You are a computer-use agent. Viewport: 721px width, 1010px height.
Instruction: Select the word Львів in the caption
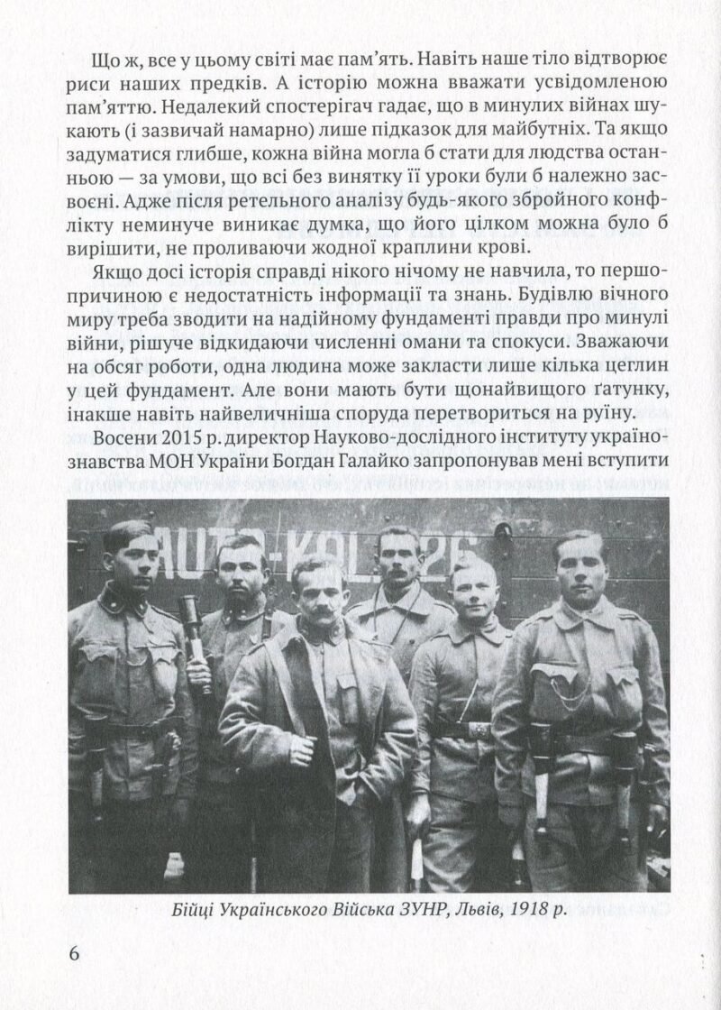click(x=474, y=911)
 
